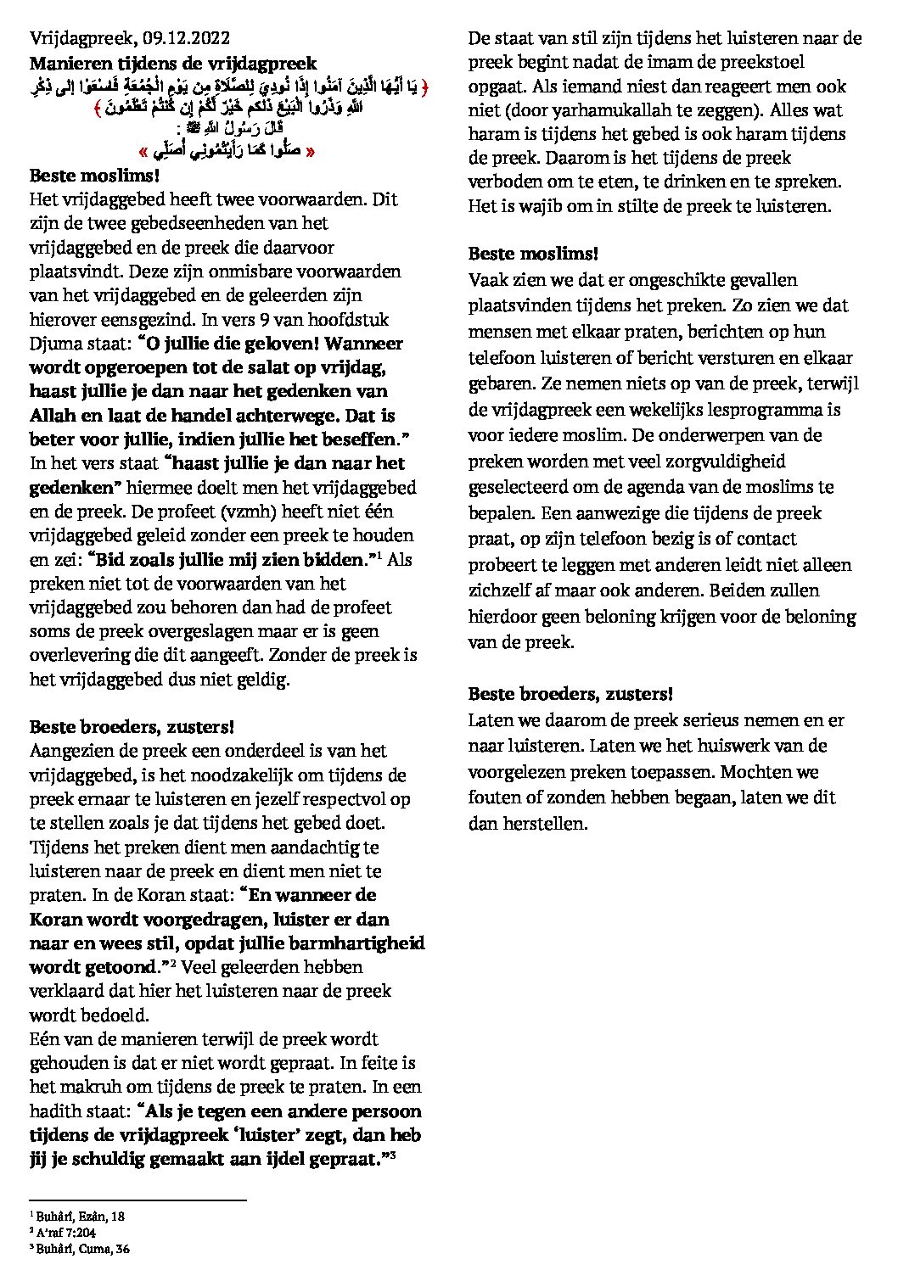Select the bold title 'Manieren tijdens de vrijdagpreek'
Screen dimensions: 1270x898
coord(173,62)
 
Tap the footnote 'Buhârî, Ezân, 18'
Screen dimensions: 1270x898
coord(80,1216)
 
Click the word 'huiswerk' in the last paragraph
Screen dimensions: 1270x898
coord(720,746)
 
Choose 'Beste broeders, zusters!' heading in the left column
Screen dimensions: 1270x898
coord(132,726)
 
